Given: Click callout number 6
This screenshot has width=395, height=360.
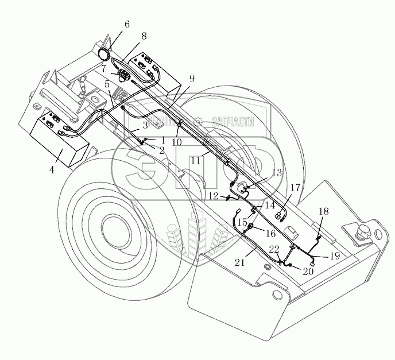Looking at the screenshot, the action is pos(127,24).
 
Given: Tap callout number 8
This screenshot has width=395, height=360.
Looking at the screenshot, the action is pos(143,36).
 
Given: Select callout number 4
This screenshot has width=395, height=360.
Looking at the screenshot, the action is pos(52,170).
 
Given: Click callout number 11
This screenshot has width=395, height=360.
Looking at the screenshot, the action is pos(195,161).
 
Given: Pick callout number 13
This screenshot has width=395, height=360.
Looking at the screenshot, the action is pos(277,172).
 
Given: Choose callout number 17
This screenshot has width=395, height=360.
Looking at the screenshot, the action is pos(295,187).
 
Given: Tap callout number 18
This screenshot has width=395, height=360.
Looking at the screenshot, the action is pos(324,211).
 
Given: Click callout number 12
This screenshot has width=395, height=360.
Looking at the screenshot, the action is pos(213,196).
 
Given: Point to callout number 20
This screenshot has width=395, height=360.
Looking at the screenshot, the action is pos(308,271).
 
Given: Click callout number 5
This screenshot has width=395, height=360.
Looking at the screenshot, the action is pos(107,84).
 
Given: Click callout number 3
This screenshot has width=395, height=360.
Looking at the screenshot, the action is pos(145,124).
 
